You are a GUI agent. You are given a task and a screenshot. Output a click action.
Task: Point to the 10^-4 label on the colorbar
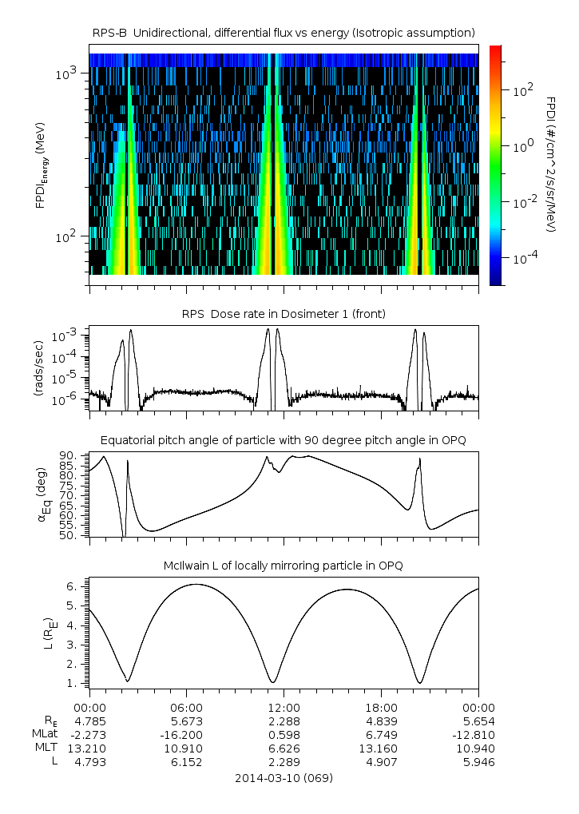coord(522,259)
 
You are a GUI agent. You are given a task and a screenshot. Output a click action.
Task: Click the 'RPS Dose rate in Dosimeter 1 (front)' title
coord(284,314)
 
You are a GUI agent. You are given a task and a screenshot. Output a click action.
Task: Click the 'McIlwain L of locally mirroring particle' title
coord(284,566)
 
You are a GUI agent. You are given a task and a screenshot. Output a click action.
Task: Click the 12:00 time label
coord(284,707)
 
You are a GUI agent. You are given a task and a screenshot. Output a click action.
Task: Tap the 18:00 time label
coord(381,707)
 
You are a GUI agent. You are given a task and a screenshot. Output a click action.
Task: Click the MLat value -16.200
coord(186,733)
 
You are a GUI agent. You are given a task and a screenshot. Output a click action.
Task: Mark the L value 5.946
coord(478,762)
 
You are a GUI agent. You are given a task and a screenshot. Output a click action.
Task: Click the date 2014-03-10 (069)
coord(284,777)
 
